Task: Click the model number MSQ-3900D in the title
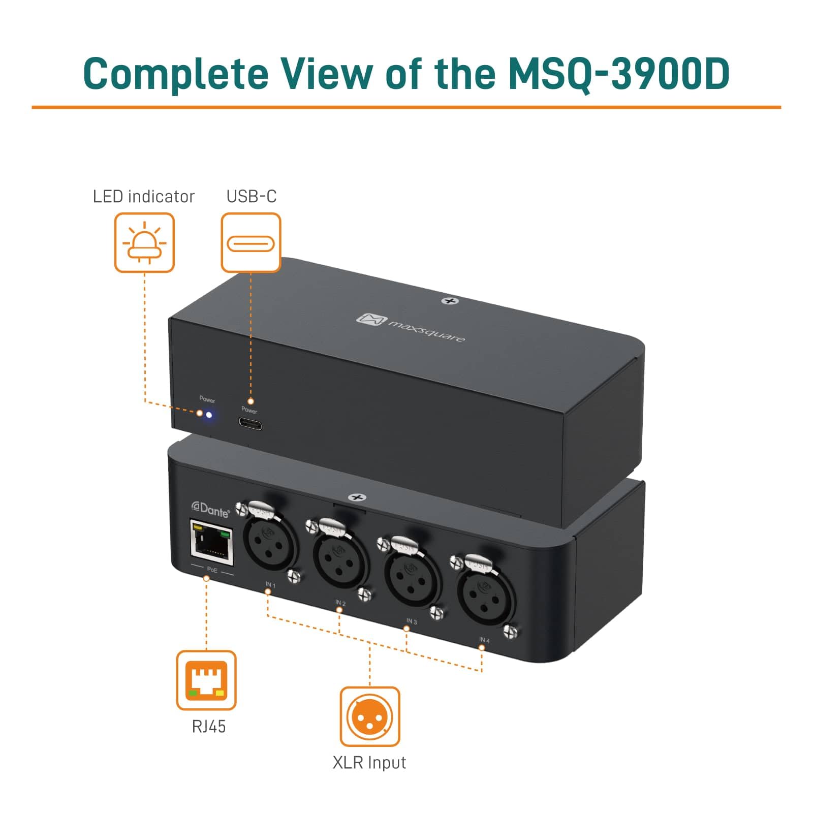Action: point(619,74)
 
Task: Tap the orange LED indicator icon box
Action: point(144,242)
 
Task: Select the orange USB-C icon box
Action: point(251,242)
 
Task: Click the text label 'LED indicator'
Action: point(143,197)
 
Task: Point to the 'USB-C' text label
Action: point(252,197)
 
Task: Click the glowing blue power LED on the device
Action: point(209,415)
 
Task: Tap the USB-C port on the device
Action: point(250,423)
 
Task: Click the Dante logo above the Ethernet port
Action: point(210,509)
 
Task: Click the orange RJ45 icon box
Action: point(206,680)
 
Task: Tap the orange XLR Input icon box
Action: point(369,716)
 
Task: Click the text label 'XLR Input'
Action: point(369,763)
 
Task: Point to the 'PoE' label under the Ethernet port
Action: point(212,570)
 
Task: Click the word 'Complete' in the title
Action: point(175,74)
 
